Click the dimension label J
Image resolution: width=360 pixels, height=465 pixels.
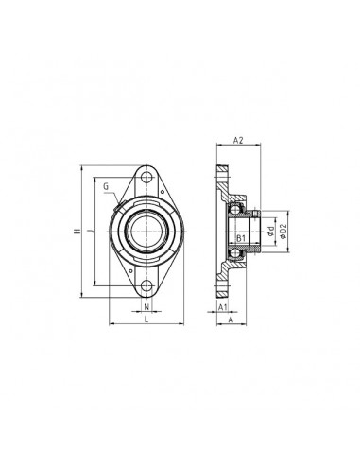pos(90,231)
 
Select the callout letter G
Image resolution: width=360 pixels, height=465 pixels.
pos(107,187)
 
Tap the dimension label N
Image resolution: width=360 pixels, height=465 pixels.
pos(146,307)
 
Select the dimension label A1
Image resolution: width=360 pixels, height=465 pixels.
pos(221,307)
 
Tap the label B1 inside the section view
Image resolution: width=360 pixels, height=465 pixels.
pos(241,237)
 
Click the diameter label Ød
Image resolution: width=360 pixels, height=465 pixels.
pos(270,230)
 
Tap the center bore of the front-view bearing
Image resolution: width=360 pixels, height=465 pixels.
pos(146,231)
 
